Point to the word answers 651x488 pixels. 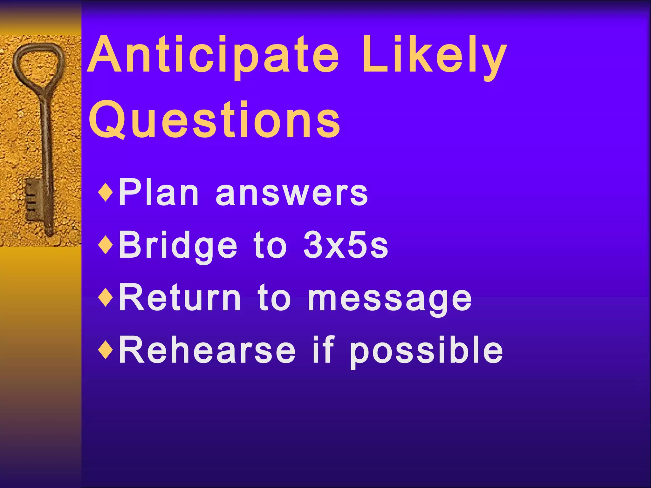point(291,194)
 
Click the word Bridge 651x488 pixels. point(178,246)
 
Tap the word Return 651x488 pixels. point(180,298)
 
